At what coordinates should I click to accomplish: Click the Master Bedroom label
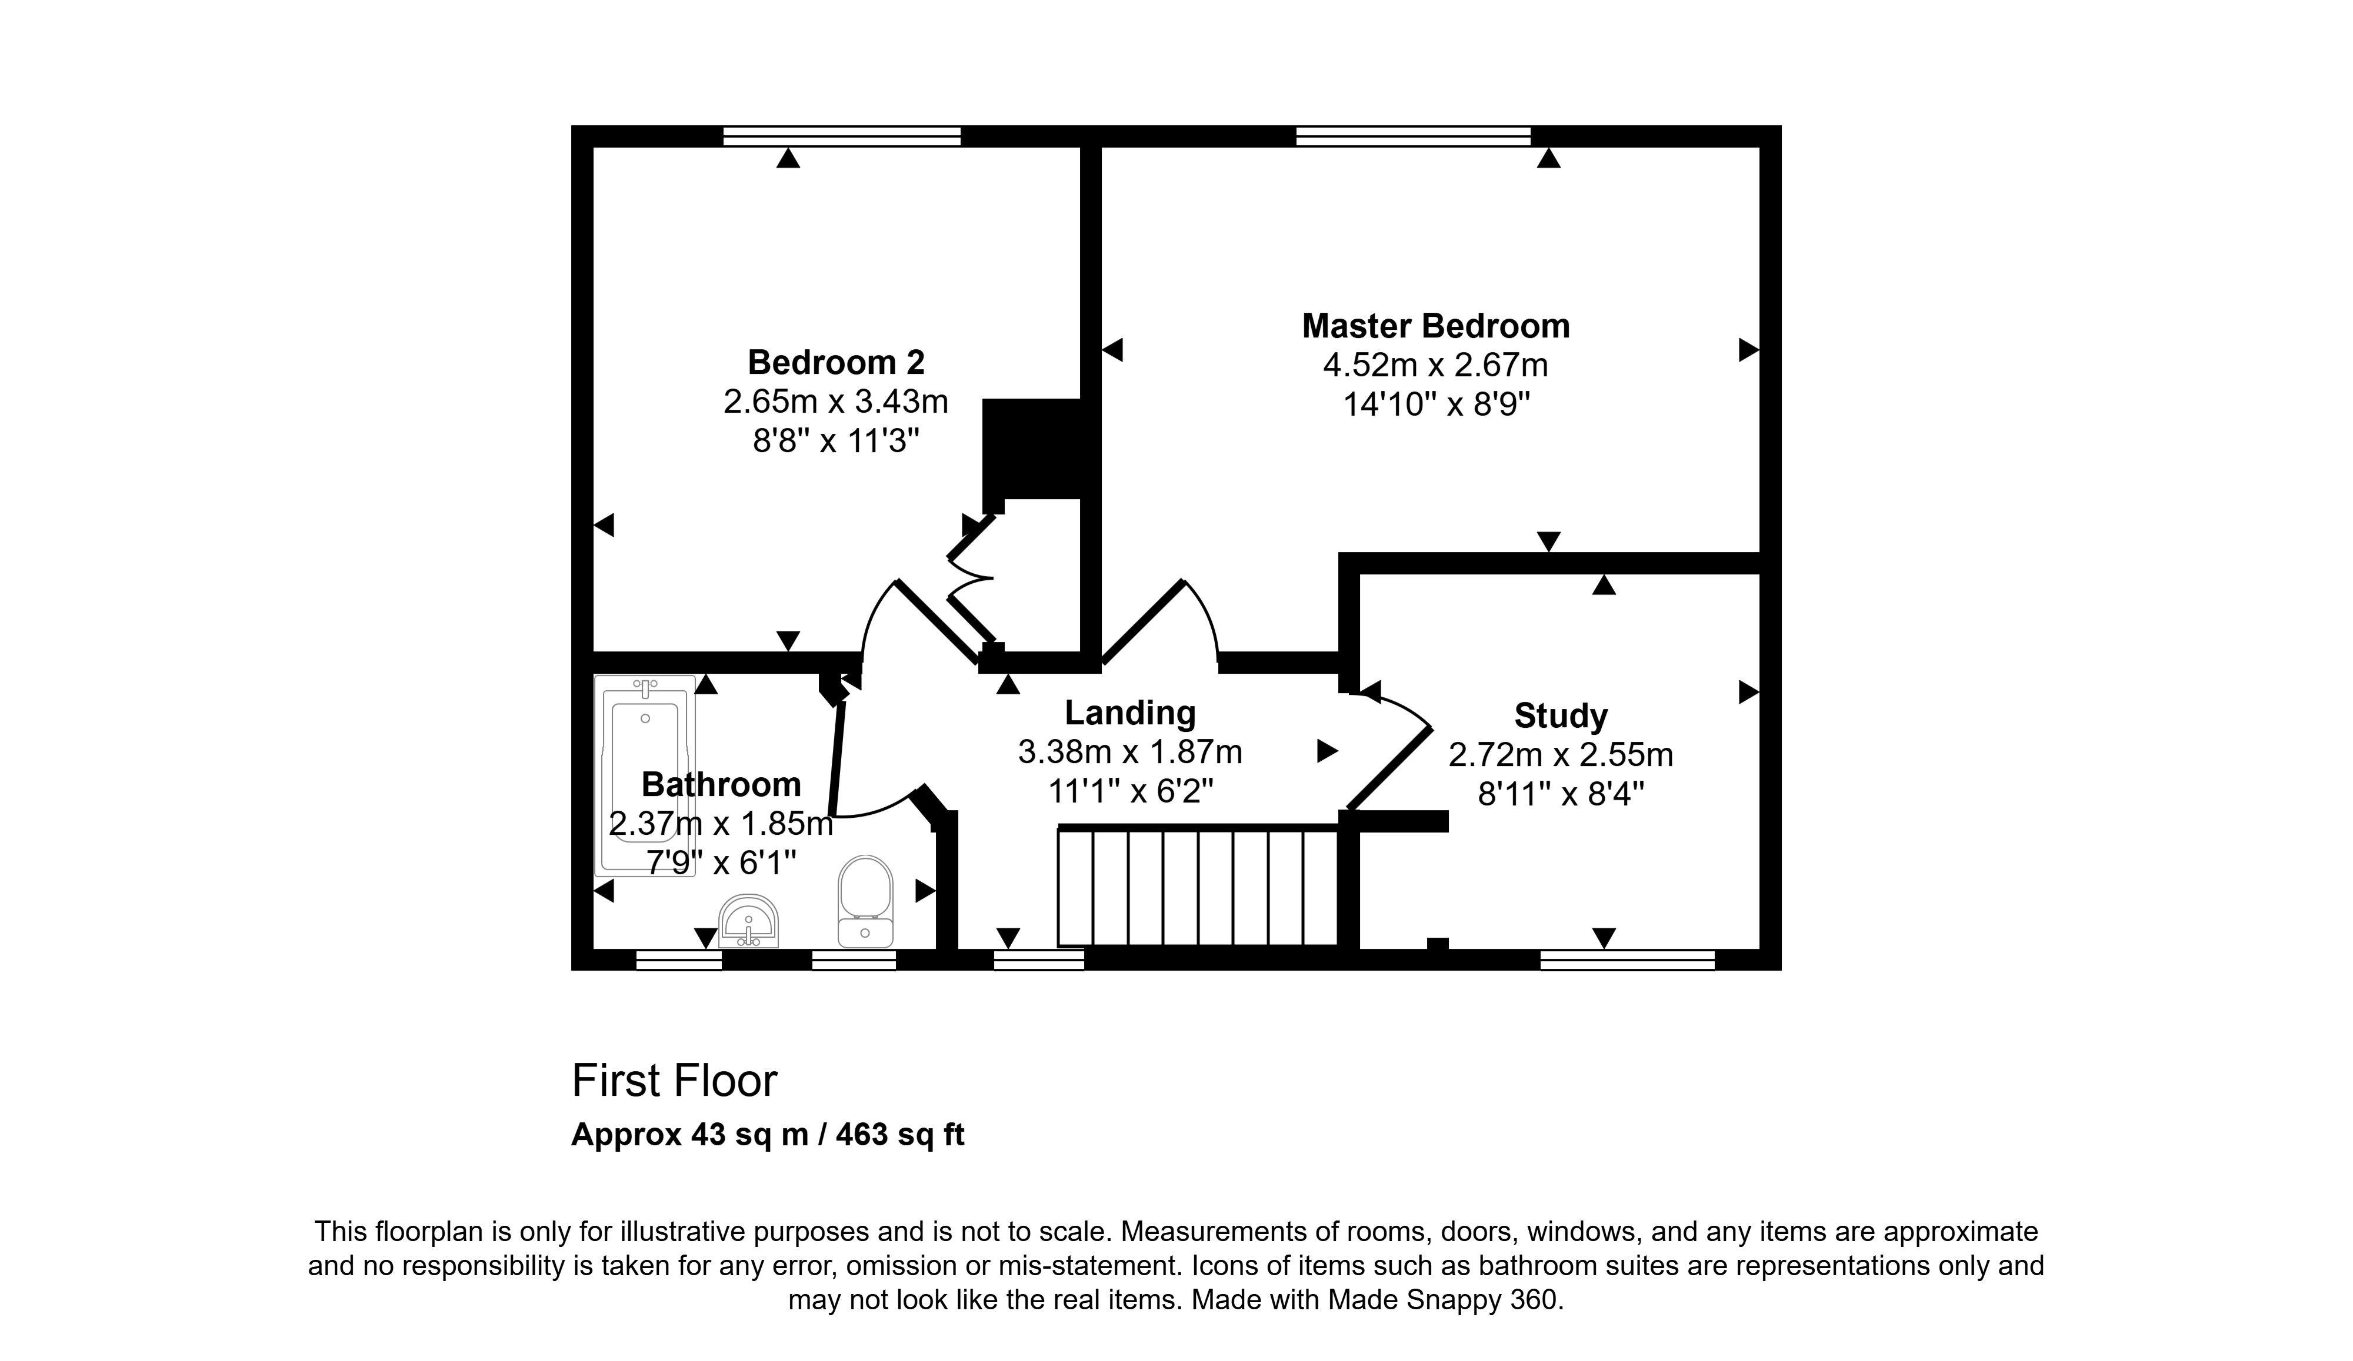(x=1435, y=326)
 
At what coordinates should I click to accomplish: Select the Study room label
(x=1560, y=716)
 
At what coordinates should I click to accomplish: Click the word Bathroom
(x=721, y=784)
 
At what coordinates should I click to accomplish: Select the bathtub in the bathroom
(x=645, y=775)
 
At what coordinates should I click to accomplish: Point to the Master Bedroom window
(x=1413, y=137)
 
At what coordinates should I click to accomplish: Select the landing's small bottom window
(x=1038, y=959)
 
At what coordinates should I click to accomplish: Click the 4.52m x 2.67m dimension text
(x=1435, y=365)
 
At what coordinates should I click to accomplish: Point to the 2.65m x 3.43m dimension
(x=836, y=402)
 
